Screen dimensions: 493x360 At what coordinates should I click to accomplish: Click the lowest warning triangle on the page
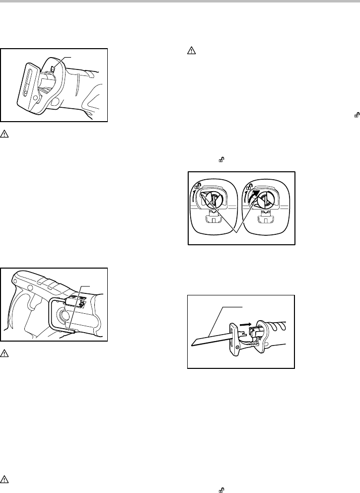pos(4,480)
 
